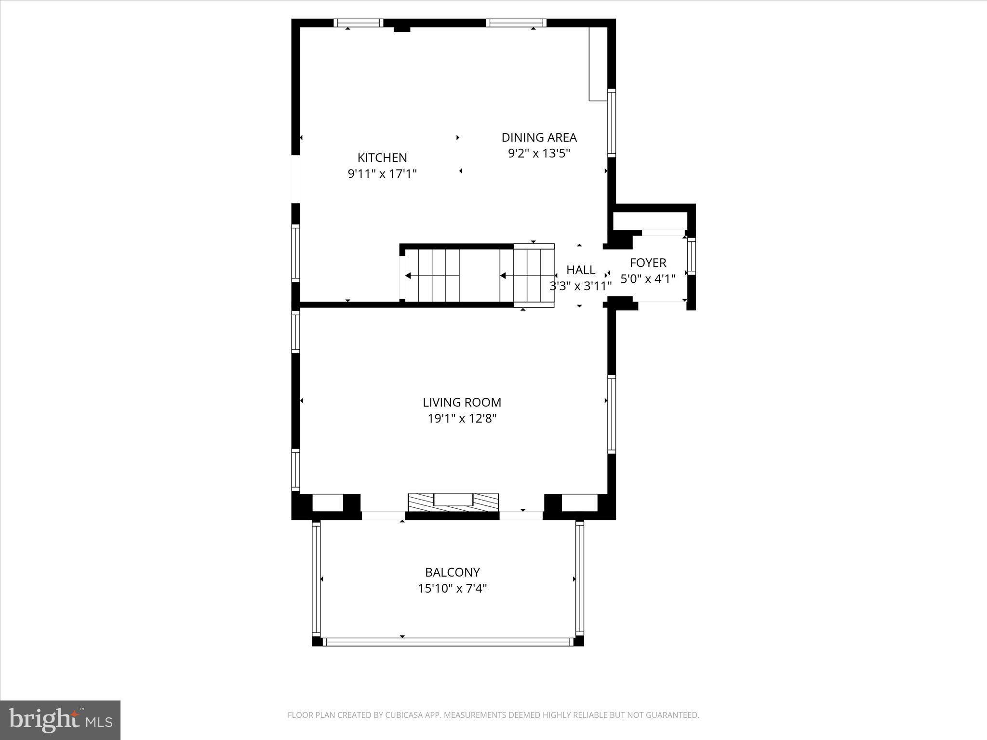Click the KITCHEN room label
point(382,158)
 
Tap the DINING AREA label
point(539,137)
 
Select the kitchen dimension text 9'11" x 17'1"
point(382,173)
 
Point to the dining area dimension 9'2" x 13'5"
point(539,153)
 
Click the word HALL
point(580,270)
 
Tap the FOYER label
point(648,263)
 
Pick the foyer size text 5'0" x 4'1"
point(648,278)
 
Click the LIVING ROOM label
point(462,402)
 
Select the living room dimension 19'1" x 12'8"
point(462,418)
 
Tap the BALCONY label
point(452,572)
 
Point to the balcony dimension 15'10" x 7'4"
point(452,588)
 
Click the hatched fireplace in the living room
point(453,502)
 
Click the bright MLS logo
point(60,720)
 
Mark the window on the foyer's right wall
point(692,256)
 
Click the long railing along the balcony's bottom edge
point(448,642)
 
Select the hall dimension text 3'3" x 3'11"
point(580,286)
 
